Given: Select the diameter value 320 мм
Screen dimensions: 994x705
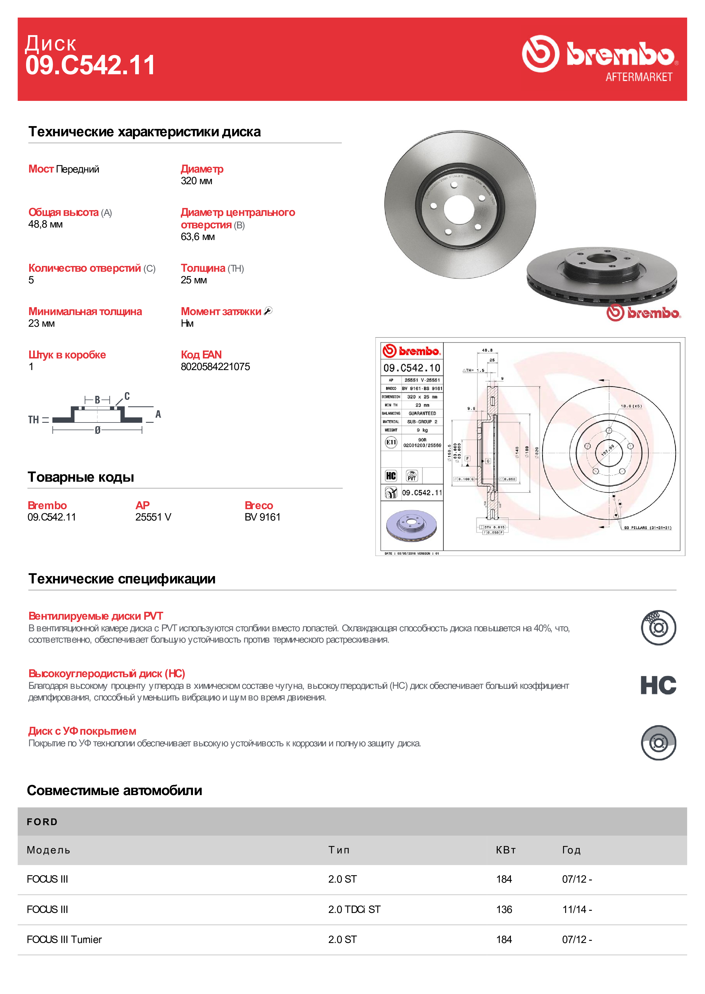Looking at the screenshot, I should pyautogui.click(x=196, y=181).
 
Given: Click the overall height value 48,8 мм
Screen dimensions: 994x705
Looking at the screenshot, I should pyautogui.click(x=46, y=224).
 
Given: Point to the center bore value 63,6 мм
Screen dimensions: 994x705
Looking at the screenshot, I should pyautogui.click(x=198, y=237).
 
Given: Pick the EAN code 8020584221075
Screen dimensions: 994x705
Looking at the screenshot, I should pyautogui.click(x=215, y=367).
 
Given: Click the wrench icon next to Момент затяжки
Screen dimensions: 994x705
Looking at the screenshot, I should pyautogui.click(x=268, y=311).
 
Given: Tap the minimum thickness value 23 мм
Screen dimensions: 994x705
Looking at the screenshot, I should pyautogui.click(x=42, y=323).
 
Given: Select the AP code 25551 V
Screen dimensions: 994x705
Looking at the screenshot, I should pyautogui.click(x=153, y=517).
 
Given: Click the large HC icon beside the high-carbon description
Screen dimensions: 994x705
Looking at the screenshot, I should pyautogui.click(x=658, y=685).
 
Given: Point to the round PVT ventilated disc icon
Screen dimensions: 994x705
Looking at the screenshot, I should pyautogui.click(x=658, y=628).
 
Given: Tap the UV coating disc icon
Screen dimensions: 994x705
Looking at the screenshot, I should pyautogui.click(x=658, y=743).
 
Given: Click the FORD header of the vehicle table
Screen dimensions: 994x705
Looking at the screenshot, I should pyautogui.click(x=42, y=822).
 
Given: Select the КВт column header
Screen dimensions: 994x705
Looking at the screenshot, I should pyautogui.click(x=506, y=850).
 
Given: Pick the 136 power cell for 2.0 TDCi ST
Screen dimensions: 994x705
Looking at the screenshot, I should pyautogui.click(x=504, y=909).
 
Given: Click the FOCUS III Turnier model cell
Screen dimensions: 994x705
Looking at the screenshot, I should pyautogui.click(x=64, y=939).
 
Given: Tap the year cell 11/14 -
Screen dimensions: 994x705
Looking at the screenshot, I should pyautogui.click(x=577, y=909).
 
